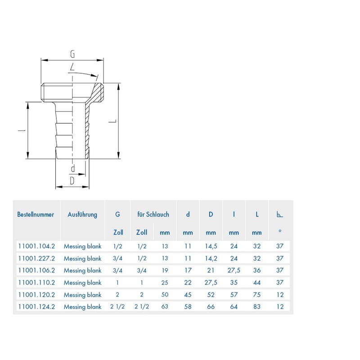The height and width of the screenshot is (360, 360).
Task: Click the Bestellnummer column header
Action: (x=36, y=215)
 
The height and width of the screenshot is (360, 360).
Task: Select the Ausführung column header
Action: (x=82, y=215)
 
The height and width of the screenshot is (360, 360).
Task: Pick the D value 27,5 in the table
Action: (x=211, y=283)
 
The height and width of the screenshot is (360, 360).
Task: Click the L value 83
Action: (x=257, y=307)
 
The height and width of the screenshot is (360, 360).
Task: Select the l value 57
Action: (x=234, y=295)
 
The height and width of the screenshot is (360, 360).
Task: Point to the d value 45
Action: (x=188, y=295)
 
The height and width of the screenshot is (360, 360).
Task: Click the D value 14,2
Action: (x=211, y=258)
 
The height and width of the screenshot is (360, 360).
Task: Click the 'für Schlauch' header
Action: (x=153, y=215)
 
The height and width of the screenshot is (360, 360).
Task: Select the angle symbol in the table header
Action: (x=279, y=215)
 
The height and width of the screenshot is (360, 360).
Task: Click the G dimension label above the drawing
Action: (x=72, y=54)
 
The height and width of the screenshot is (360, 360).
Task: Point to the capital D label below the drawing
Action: (x=72, y=181)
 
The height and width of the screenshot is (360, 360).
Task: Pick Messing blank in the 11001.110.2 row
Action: (x=82, y=283)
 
